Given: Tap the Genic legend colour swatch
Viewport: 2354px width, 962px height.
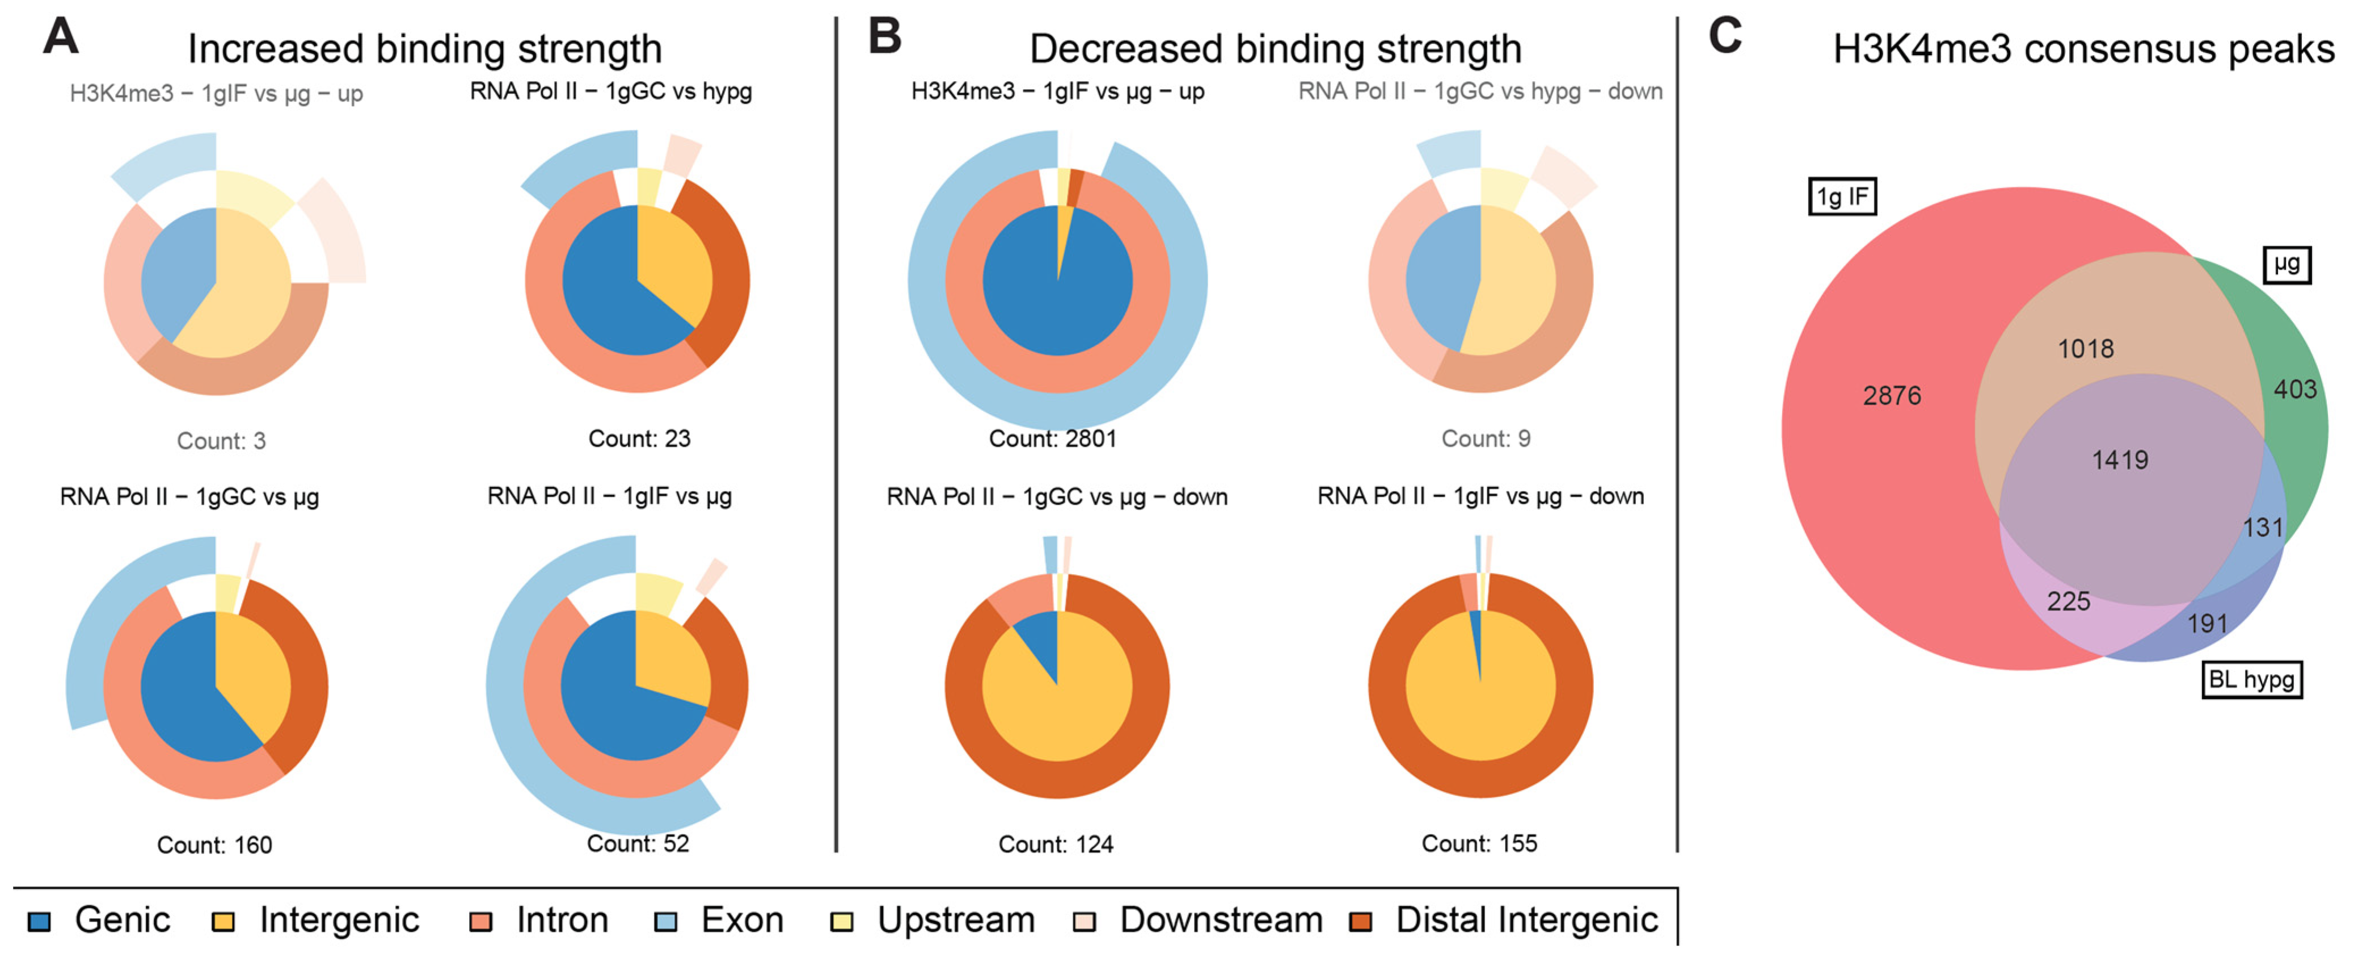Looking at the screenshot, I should coord(39,922).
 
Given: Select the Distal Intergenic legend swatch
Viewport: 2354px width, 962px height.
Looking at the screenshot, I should coord(1361,922).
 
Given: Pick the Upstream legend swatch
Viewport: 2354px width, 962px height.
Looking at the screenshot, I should coord(842,922).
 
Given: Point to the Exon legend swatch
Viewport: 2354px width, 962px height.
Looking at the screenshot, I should coord(666,922).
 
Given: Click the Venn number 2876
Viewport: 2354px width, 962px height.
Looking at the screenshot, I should coord(1892,396).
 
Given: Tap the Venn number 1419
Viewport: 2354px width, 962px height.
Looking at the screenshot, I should coord(2120,460).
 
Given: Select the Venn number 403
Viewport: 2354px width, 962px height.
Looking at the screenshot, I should coord(2294,390).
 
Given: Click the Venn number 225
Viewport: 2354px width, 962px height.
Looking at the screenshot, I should coord(2068,602).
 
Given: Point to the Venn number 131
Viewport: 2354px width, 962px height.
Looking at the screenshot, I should coord(2263,528).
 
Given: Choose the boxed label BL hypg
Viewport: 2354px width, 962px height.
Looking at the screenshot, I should coord(2251,679).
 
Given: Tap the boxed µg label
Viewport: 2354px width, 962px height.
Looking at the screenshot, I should coord(2286,265).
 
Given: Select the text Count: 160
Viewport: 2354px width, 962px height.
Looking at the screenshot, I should coord(215,845).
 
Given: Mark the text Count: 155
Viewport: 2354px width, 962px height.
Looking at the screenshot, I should coord(1479,844).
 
